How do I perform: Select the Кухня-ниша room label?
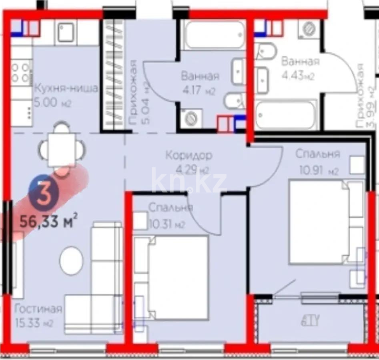coord(66,88)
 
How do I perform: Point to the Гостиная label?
coord(38,309)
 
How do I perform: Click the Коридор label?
coord(188,155)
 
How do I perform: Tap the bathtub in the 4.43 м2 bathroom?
coord(286,115)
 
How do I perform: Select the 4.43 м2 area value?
coord(297,76)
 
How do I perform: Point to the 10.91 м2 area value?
coord(319,171)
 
